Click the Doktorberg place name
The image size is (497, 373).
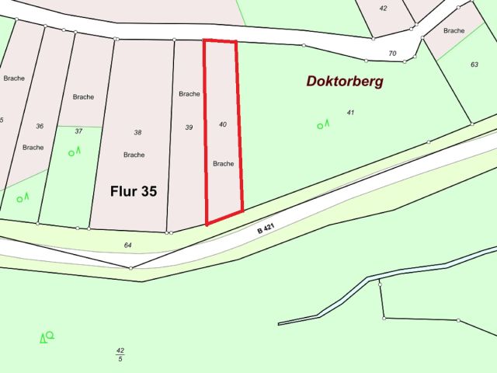pos(345,81)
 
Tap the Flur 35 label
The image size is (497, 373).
pos(133,191)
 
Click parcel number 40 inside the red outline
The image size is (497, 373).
pos(223,124)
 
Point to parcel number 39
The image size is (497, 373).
pos(189,127)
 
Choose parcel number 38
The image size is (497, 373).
pos(137,133)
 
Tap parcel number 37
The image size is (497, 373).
pos(78,131)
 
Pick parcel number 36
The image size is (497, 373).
pos(40,126)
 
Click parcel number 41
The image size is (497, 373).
pos(350,113)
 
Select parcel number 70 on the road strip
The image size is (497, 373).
pos(392,54)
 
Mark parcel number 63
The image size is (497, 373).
pos(474,64)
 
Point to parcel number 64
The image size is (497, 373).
pos(128,245)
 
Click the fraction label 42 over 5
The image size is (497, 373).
pos(120,354)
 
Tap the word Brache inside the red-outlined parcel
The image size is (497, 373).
pos(224,163)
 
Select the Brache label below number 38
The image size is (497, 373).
pos(134,155)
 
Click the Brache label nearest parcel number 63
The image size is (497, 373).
pos(454,30)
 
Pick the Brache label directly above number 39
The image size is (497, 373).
pos(189,94)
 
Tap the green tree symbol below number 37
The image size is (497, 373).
pos(75,152)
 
